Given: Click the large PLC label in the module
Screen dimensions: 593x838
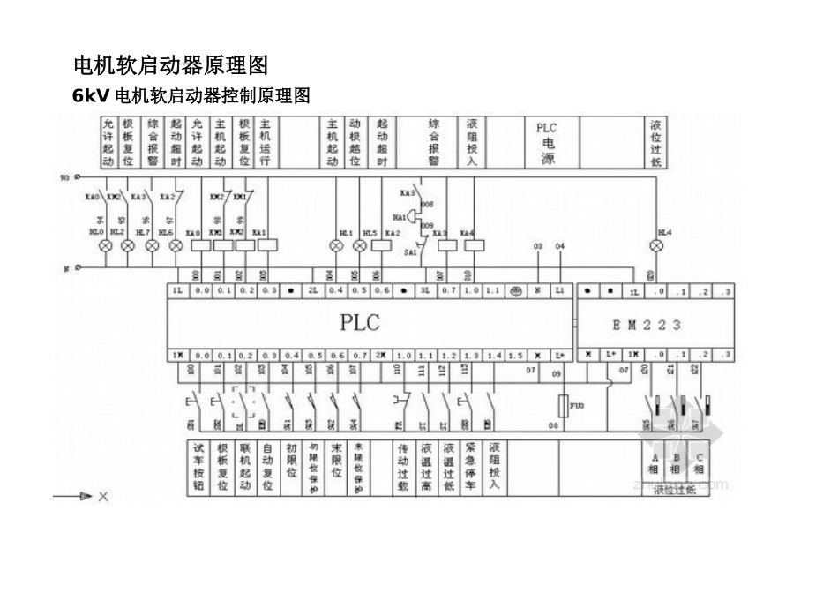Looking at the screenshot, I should click(x=360, y=322).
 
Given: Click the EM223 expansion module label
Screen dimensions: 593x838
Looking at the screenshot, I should click(x=647, y=325).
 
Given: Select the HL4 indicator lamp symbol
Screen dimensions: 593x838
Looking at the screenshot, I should click(x=655, y=245).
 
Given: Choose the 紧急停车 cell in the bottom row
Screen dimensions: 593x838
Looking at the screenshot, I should click(x=471, y=467).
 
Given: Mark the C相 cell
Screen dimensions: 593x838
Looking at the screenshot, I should click(x=700, y=463).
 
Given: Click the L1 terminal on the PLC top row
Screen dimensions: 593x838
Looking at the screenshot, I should click(x=559, y=290).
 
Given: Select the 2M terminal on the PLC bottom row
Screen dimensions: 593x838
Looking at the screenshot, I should click(x=379, y=355).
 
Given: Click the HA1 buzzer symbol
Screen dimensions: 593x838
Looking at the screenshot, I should click(x=400, y=217).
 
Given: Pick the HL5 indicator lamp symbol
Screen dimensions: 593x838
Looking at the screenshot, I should click(x=370, y=245).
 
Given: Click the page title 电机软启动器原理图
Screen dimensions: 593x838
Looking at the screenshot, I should click(x=169, y=65).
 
